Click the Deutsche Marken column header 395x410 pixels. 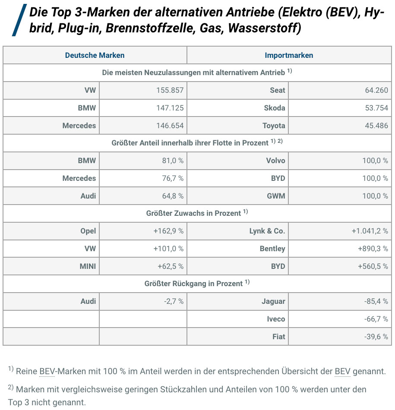(x=95, y=55)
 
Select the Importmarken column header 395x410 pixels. (x=289, y=55)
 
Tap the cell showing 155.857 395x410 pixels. (x=170, y=90)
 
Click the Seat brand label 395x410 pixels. (x=278, y=90)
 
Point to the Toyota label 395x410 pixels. (x=274, y=126)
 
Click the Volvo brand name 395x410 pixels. (x=275, y=161)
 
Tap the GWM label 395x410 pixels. (x=276, y=196)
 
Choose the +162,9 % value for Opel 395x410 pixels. (x=168, y=231)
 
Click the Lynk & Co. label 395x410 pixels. (x=267, y=231)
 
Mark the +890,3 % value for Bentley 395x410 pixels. (x=373, y=249)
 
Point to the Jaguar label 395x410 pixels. (x=273, y=301)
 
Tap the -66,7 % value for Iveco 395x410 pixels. (x=376, y=319)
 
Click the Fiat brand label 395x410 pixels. (x=278, y=337)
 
